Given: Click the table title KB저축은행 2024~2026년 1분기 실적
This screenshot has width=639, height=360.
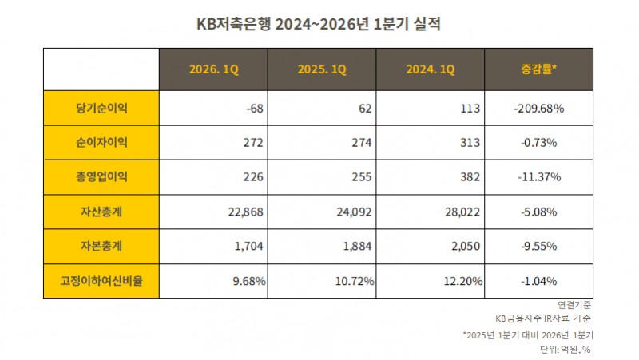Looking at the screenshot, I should [x=319, y=23].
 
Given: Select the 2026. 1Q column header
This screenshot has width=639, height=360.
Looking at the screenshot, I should [x=213, y=69].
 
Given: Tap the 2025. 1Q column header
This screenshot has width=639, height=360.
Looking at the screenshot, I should [x=322, y=69].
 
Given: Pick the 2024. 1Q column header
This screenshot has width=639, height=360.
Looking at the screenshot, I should [x=431, y=69].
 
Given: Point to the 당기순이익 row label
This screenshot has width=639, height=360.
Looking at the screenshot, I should [x=101, y=108].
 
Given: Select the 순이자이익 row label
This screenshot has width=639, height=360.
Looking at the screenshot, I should [x=101, y=143].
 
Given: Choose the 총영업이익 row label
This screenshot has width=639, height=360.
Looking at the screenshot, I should [x=101, y=177].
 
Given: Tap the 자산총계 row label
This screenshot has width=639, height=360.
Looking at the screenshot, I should [x=101, y=212].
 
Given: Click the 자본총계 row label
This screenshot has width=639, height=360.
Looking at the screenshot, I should [x=101, y=247].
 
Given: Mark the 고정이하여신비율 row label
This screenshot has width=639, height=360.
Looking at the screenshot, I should [x=101, y=281].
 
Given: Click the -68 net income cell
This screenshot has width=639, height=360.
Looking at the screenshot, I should [x=256, y=108].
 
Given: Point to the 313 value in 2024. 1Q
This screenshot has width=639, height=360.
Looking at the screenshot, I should [x=470, y=143].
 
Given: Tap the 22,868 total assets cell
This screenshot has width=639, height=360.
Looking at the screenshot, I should [x=245, y=212].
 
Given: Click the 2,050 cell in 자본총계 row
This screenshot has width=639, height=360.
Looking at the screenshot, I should [x=463, y=247].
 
